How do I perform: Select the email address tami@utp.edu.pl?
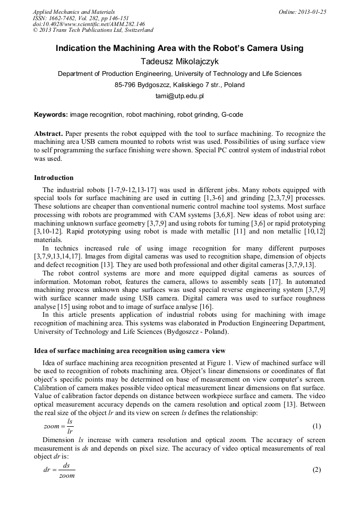tap(179, 97)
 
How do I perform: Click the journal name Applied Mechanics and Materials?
tap(74, 12)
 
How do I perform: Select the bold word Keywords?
tap(51, 114)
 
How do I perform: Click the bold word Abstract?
tap(49, 134)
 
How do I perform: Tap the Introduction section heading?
tap(54, 177)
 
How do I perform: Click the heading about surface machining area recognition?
tap(130, 351)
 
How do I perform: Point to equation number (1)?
tap(316, 426)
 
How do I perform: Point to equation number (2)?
tap(316, 470)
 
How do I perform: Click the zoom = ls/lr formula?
tap(59, 426)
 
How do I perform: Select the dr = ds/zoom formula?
tap(59, 470)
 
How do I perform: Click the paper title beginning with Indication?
tap(179, 48)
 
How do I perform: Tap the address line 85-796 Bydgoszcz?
tap(179, 85)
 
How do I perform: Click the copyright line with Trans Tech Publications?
tap(93, 31)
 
